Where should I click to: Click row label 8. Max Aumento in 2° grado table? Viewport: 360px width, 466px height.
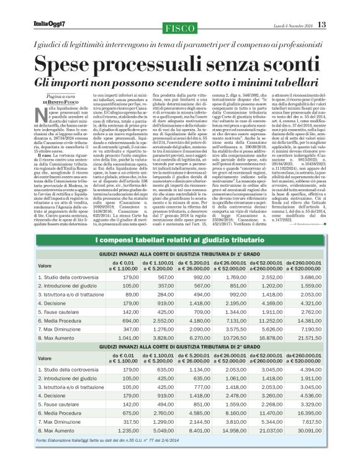coord(60,429)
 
